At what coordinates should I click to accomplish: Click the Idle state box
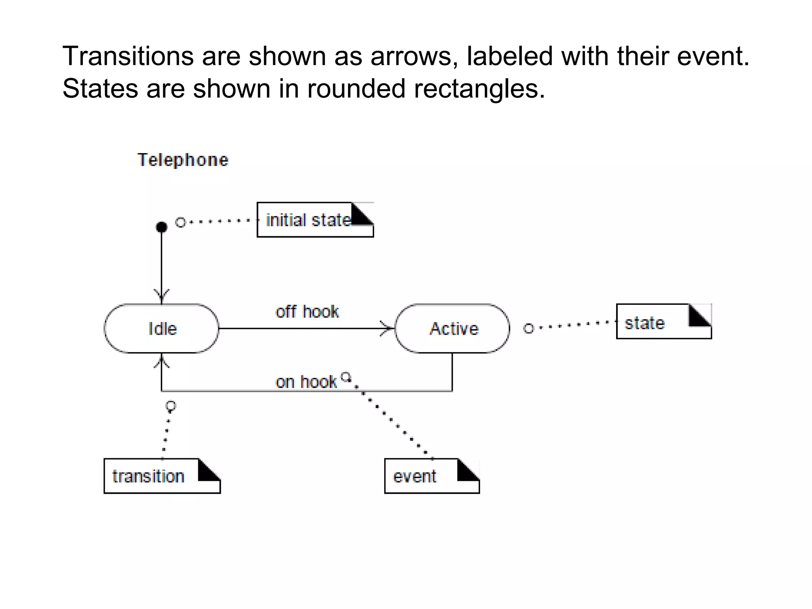click(161, 328)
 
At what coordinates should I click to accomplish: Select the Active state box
click(452, 328)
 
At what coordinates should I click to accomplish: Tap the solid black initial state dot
click(161, 227)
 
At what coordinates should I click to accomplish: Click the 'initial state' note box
click(315, 220)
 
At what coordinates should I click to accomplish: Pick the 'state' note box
click(664, 322)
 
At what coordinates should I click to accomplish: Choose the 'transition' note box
click(162, 476)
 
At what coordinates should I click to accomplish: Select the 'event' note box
click(432, 476)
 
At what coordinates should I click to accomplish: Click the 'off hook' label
click(307, 312)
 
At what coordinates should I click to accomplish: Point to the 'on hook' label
click(306, 382)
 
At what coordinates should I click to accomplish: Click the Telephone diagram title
click(183, 160)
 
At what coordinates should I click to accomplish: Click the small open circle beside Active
click(529, 328)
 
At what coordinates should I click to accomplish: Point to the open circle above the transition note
click(171, 406)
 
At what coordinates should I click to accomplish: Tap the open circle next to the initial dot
click(180, 222)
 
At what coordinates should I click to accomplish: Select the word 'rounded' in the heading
click(356, 88)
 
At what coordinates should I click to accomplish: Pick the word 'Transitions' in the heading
click(128, 56)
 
